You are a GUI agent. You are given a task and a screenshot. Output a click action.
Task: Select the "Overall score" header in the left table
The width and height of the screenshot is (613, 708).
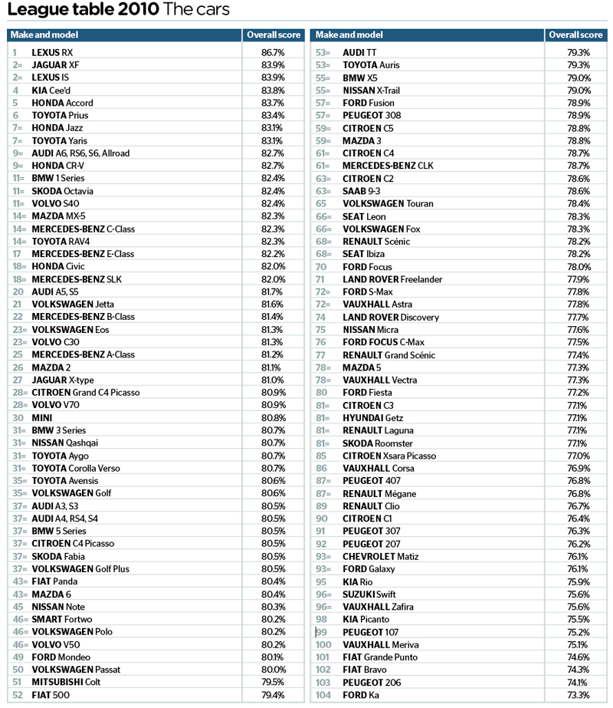pos(273,35)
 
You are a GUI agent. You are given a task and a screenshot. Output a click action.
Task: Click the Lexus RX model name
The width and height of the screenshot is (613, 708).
pos(52,52)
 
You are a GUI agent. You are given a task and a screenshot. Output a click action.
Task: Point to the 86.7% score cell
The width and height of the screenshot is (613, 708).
pos(273,52)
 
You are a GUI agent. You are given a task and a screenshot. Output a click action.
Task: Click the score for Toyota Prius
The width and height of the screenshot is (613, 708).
pos(273,115)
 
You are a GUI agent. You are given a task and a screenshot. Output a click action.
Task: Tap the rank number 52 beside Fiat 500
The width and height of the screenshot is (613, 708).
pos(17,695)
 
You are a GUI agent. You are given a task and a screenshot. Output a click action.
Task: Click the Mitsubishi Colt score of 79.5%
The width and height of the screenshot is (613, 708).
pos(273,682)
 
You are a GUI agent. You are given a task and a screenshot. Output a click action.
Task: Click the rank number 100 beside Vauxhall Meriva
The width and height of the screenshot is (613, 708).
pos(323,644)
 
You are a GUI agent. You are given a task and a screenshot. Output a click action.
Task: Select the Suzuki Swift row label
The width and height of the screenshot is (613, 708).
pos(369,594)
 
